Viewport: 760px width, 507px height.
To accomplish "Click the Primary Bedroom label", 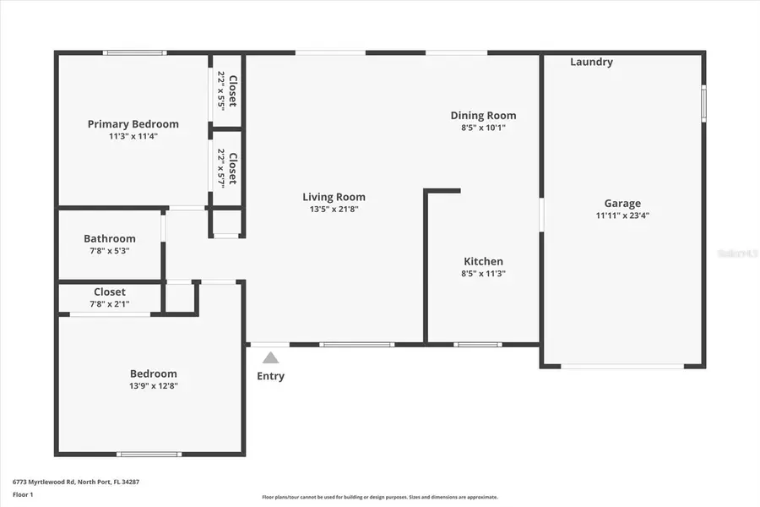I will (133, 124).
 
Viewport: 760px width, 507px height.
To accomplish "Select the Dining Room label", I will (483, 116).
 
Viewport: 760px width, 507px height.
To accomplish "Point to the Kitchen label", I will (483, 262).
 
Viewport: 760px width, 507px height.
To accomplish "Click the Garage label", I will (622, 204).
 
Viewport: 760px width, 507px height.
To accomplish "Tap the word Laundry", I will (591, 63).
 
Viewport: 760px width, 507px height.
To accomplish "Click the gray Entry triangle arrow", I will (270, 357).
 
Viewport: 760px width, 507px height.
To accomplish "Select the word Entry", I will (270, 376).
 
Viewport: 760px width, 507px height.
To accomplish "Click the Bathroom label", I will (110, 239).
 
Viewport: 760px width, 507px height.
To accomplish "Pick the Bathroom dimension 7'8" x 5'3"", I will (110, 251).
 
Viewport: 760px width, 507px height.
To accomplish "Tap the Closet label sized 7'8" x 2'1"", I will (110, 292).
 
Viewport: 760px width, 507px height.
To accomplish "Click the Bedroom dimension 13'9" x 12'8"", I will (154, 386).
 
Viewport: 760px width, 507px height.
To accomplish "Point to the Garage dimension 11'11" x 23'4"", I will (622, 215).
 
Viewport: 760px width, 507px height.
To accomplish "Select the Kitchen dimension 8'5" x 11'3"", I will (483, 274).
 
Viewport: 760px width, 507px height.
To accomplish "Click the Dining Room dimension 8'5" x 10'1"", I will (483, 128).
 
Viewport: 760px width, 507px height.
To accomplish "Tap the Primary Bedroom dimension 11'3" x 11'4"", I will (133, 136).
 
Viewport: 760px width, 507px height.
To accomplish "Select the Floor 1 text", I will (23, 494).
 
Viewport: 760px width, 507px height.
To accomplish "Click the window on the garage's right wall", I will (703, 103).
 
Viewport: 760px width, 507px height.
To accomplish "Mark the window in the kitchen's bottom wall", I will (478, 344).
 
